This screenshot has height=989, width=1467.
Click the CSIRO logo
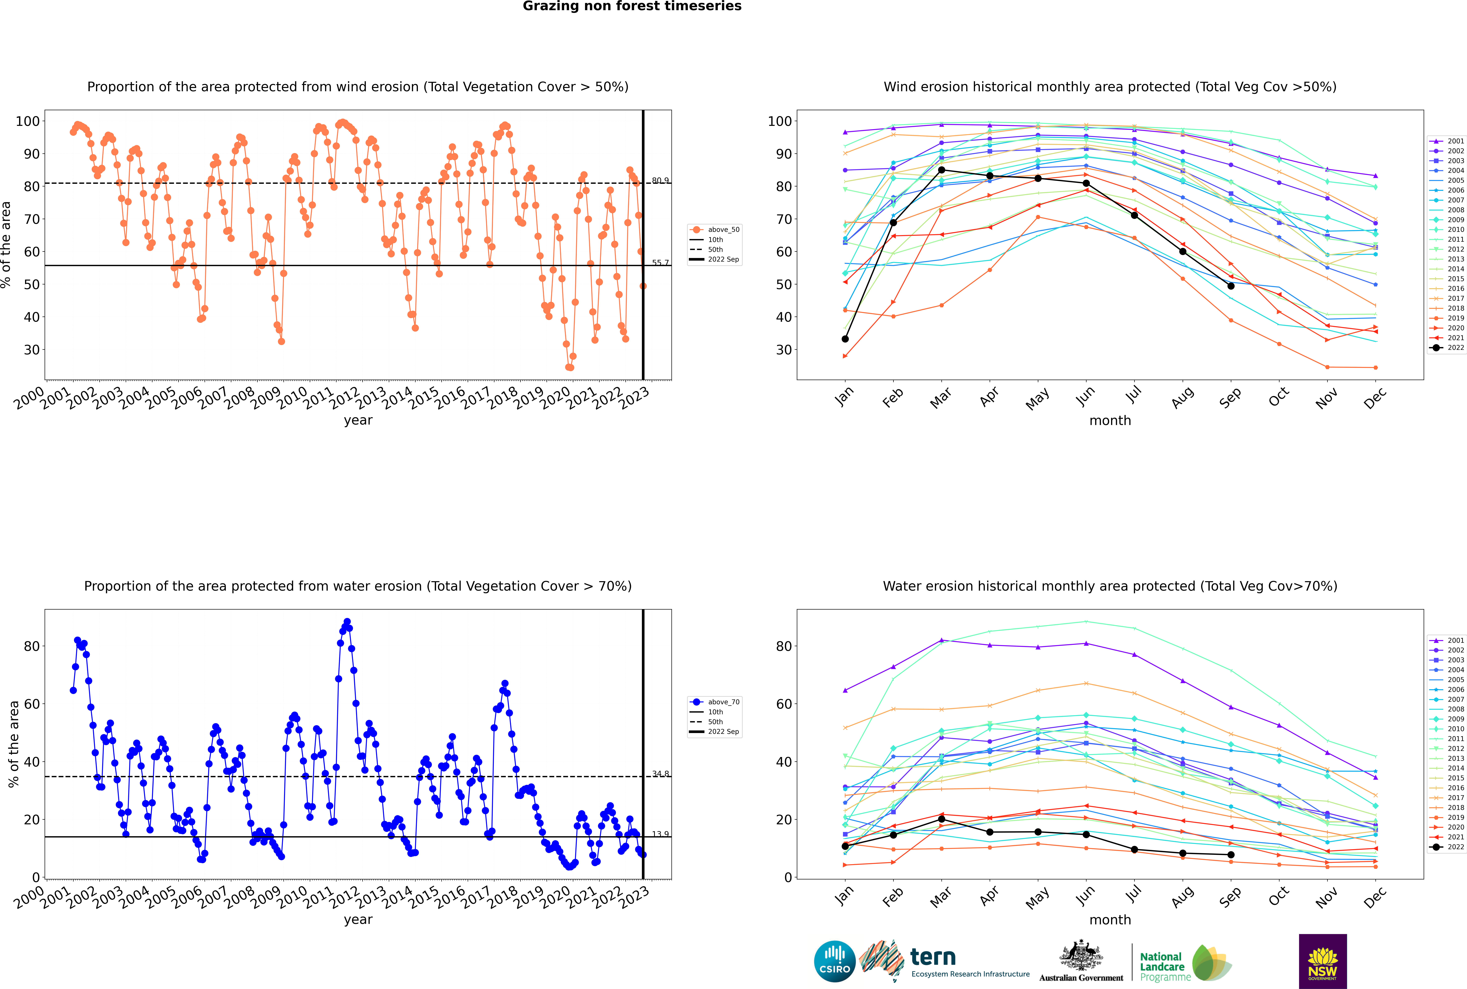(834, 961)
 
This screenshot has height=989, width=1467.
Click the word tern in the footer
(933, 958)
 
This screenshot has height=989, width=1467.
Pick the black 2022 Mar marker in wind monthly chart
(942, 170)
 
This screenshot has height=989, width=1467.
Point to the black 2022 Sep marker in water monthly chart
(1231, 855)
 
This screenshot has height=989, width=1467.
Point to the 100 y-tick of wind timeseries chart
(28, 121)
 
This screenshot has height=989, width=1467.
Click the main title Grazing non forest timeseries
(632, 6)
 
